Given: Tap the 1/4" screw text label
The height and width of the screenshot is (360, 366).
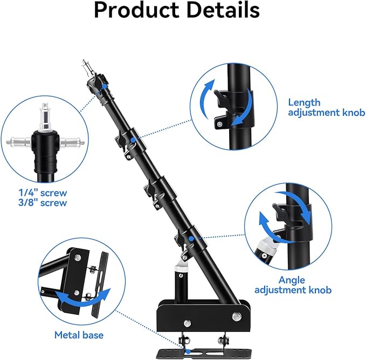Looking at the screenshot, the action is pos(43,193).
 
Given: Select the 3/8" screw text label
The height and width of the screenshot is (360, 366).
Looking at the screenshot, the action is pos(43,203).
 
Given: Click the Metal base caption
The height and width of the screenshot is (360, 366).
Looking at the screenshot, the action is pos(79,335).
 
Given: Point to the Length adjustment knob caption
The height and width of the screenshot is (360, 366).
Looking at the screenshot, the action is pos(326,107).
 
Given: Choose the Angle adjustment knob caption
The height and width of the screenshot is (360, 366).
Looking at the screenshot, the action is pos(293,285).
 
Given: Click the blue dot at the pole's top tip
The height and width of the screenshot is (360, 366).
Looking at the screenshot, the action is pos(105,87).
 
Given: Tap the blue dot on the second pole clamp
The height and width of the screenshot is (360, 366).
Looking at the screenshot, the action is pos(133,140).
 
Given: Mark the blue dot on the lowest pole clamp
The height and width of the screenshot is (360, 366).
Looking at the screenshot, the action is pos(191,238).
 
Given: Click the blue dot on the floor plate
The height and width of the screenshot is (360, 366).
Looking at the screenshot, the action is pos(188,351).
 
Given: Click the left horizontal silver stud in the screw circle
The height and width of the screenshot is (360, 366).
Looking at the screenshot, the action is pos(19,142).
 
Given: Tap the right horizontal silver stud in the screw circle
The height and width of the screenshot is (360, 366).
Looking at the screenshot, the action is pos(72,142).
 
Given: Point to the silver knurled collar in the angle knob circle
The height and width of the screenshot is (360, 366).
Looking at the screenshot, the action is pos(267,248).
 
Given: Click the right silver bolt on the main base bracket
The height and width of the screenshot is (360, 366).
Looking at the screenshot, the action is pos(237,316).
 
